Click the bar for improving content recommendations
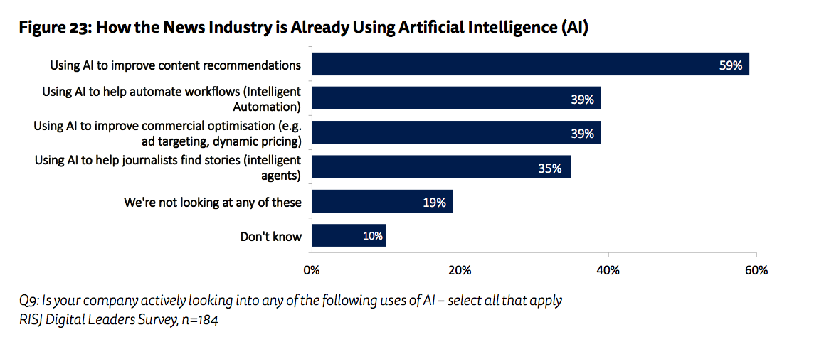(530, 65)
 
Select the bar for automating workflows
(456, 99)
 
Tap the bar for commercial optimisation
(456, 132)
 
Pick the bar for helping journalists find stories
(441, 168)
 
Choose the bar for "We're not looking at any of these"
(382, 202)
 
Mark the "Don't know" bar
(349, 236)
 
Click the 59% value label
(730, 65)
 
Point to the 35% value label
(550, 168)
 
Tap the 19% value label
(434, 203)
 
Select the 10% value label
(373, 236)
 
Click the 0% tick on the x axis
(311, 271)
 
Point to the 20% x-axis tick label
(460, 271)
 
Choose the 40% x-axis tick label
(608, 271)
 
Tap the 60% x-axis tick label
(756, 271)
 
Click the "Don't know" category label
(271, 237)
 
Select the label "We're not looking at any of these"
(213, 203)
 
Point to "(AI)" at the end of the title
(574, 28)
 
